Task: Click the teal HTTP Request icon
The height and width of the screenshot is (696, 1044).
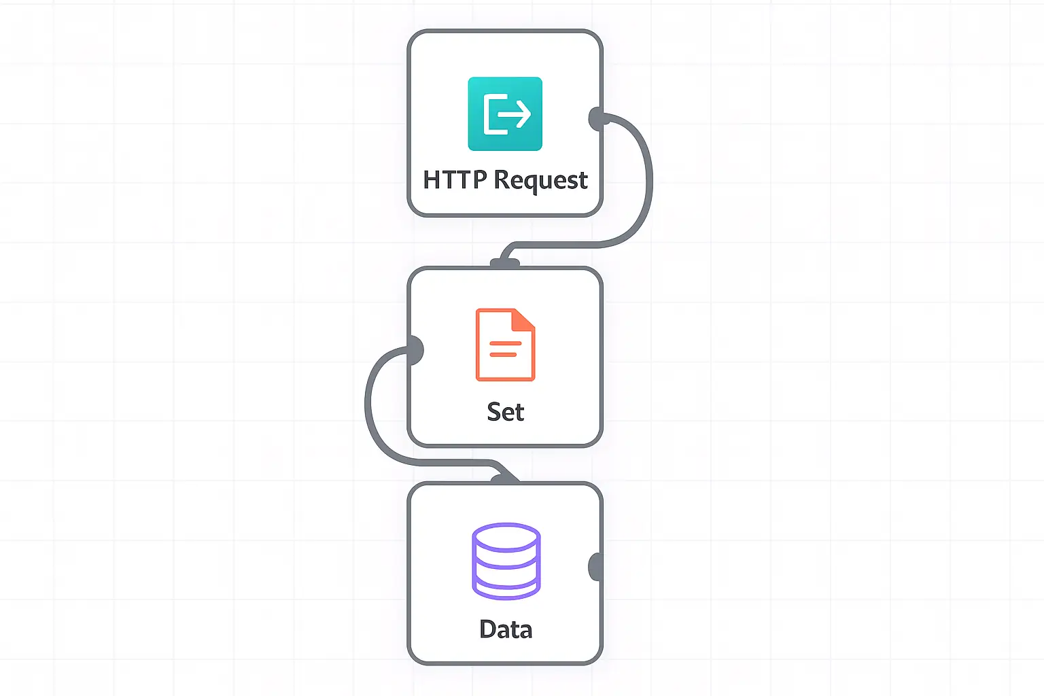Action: point(505,114)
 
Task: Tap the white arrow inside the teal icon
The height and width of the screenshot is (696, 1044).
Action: point(514,114)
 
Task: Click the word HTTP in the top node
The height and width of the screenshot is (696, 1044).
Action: point(455,180)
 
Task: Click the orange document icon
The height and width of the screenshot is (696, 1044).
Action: point(505,345)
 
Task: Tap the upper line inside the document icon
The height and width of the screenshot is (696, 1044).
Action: point(505,343)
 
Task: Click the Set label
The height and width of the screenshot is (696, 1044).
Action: point(506,412)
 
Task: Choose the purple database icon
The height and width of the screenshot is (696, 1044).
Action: point(506,561)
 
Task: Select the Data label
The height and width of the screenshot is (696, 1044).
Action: point(506,629)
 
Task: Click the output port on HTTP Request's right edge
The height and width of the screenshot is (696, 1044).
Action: point(597,119)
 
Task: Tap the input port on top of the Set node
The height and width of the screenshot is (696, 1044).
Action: point(505,264)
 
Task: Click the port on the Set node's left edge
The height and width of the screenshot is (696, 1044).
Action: point(415,350)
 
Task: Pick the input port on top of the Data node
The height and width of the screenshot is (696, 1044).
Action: point(505,480)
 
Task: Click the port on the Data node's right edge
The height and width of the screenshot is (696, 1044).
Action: point(595,567)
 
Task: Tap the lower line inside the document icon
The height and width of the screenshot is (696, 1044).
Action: point(503,355)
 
